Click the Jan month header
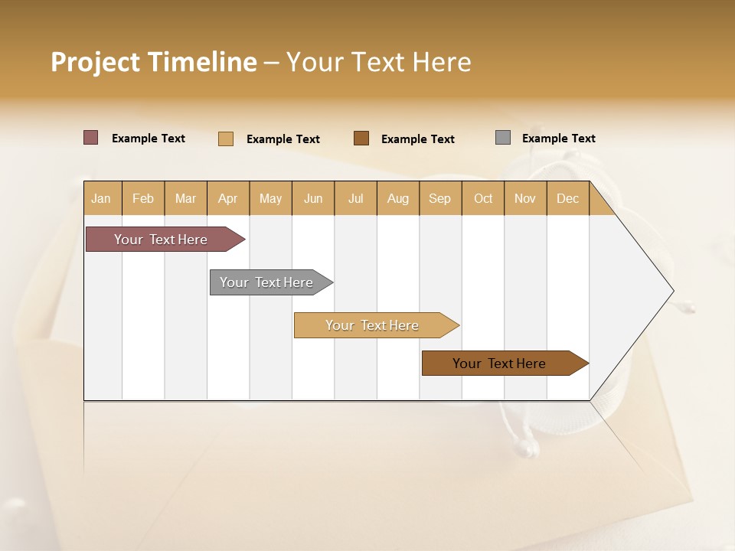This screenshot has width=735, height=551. click(102, 198)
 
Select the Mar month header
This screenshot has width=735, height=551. click(185, 198)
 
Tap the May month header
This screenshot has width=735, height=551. click(270, 198)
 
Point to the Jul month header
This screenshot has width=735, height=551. click(355, 198)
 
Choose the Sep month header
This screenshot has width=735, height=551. click(439, 198)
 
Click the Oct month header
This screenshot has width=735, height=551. click(482, 198)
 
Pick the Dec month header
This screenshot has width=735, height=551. click(567, 198)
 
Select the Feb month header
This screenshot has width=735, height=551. click(143, 198)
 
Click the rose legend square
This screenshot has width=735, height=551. click(90, 138)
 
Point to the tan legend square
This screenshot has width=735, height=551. click(225, 139)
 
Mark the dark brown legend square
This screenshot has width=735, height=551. click(361, 138)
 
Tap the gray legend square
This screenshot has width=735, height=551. click(502, 138)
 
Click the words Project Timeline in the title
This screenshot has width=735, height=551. click(153, 62)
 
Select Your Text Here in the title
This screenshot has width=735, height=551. click(378, 62)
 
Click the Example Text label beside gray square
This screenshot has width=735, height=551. click(558, 139)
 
